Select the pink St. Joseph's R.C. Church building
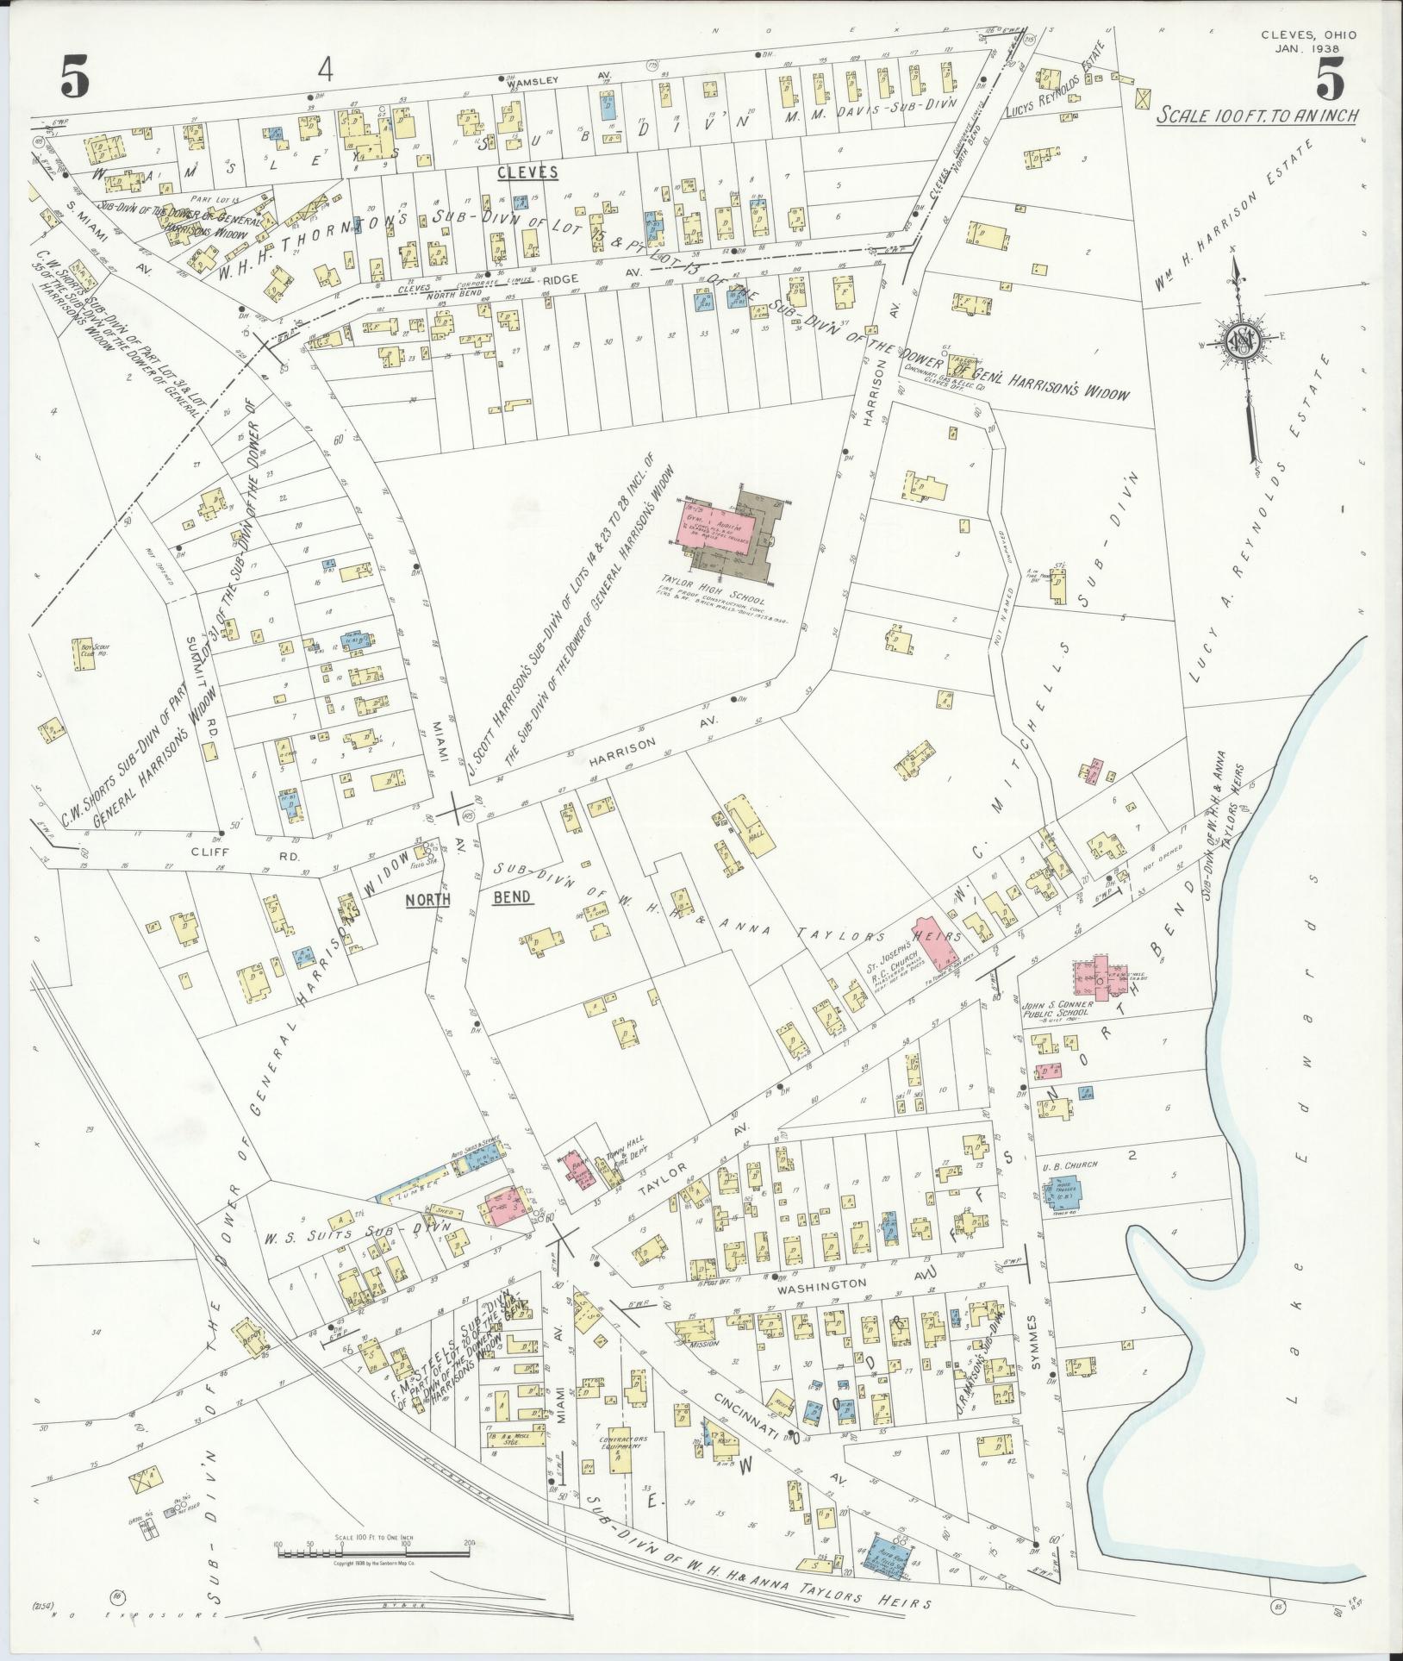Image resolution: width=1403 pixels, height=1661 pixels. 938,941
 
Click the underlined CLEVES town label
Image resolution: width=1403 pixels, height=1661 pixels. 527,173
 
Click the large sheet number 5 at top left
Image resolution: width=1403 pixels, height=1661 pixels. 75,79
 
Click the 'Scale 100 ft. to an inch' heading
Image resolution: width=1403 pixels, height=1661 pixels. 1258,116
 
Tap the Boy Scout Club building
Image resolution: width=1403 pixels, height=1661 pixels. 83,648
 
